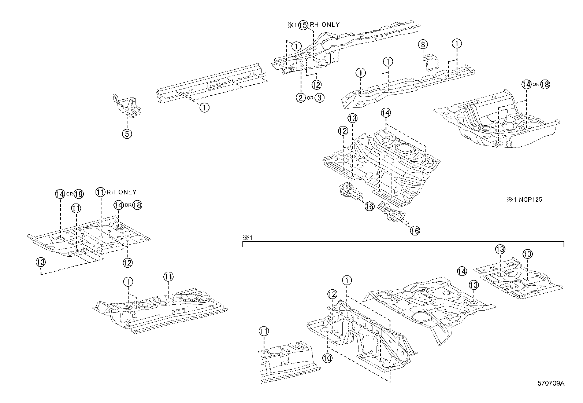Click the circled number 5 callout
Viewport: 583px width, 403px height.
(127, 134)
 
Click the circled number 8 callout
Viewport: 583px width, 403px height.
(423, 44)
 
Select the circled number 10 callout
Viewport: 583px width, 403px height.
(327, 358)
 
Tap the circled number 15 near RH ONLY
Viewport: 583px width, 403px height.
(303, 25)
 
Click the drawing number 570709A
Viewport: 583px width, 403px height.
(551, 384)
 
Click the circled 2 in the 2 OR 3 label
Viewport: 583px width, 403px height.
(300, 98)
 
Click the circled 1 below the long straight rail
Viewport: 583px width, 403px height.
(204, 107)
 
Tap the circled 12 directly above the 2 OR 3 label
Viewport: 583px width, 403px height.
(316, 84)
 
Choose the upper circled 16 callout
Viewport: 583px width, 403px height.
(369, 206)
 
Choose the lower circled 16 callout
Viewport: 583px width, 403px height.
(415, 230)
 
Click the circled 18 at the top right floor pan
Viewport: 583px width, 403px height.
(545, 84)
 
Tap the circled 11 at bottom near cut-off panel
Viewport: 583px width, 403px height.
(264, 331)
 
